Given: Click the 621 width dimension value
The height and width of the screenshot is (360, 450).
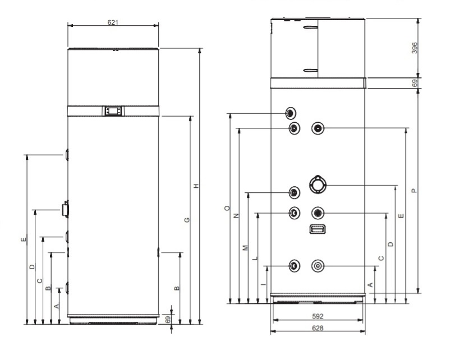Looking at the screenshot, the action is tap(113, 22).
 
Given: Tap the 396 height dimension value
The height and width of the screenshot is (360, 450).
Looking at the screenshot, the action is tap(415, 48).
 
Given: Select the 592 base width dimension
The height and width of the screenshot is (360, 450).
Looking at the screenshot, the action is tap(318, 316).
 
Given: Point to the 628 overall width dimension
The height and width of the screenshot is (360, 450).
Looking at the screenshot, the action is tap(318, 328).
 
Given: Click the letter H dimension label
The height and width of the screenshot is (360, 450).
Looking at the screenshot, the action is tap(196, 186).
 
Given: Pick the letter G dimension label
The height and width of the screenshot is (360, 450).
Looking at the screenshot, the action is tap(187, 220).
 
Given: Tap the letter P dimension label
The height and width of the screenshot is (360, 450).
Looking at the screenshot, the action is tap(414, 191).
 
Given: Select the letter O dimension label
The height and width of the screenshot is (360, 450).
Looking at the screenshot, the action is tap(228, 208).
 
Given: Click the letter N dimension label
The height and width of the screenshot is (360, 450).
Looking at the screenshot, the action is tap(236, 216).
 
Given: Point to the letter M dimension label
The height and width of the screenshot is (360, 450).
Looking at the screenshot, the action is tap(245, 248).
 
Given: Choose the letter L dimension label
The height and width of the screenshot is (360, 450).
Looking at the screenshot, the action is tap(255, 258).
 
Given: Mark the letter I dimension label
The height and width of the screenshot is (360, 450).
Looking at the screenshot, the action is tap(264, 284).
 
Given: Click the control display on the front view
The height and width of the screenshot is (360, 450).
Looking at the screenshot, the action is tap(113, 110).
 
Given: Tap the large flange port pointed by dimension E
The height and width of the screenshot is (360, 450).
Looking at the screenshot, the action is tap(318, 184).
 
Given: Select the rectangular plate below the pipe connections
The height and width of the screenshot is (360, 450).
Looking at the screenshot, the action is tap(318, 229).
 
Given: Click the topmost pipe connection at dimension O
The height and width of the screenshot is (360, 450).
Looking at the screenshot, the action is tap(291, 113).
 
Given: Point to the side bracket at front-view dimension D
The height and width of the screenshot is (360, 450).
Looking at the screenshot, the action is tap(65, 210).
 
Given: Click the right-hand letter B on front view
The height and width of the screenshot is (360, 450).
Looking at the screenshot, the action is tap(177, 288).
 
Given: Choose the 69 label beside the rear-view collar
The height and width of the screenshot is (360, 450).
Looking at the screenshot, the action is tap(415, 83).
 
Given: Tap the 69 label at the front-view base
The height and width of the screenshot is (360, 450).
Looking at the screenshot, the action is tap(168, 319).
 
